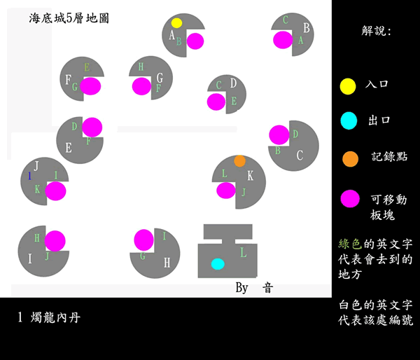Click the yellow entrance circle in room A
coord(176,23)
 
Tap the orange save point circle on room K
coord(239,161)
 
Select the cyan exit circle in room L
coord(218,264)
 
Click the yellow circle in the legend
coord(348,86)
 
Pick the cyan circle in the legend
coord(348,121)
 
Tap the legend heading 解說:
coord(377,32)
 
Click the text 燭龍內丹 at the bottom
coord(56,318)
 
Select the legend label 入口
coord(377,85)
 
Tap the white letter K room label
coord(250,176)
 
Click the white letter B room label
coord(306,29)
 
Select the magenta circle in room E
coord(92,127)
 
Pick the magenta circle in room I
coord(56,240)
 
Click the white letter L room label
coord(243,253)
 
